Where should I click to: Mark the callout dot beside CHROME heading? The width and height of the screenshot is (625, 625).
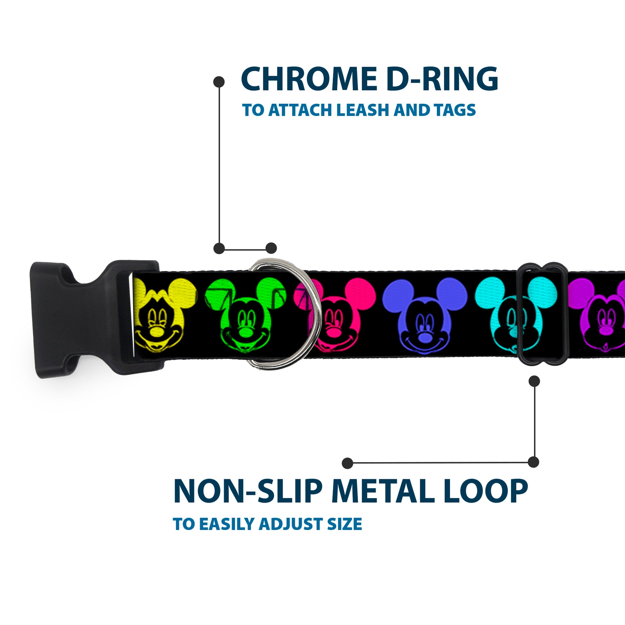pos(219,82)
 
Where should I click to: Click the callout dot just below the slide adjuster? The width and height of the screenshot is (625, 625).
pos(534,382)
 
